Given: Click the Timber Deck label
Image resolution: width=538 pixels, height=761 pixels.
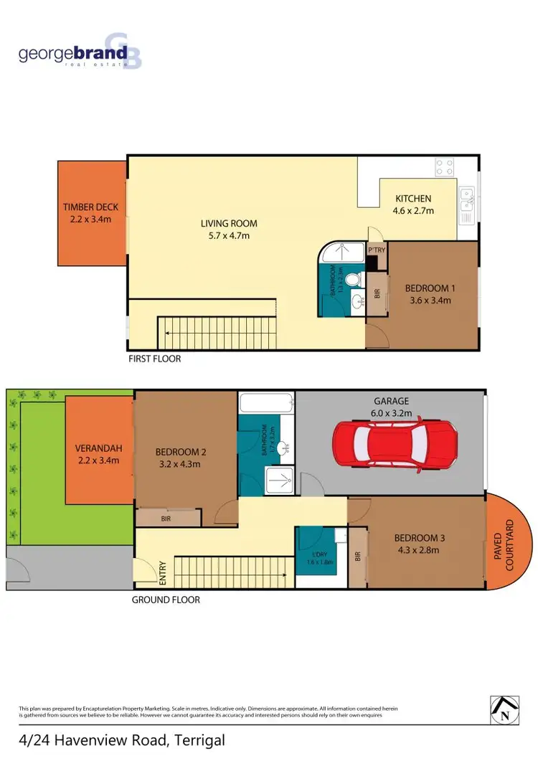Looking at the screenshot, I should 90,207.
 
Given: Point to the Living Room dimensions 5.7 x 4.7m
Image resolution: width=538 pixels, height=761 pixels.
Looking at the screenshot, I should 229,235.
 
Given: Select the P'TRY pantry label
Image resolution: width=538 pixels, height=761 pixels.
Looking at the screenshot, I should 377,250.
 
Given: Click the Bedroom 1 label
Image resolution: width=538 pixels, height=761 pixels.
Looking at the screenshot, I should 430,288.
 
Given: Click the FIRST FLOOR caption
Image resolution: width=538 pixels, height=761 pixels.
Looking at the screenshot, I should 154,359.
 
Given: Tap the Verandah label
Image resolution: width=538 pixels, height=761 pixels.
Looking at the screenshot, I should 98,449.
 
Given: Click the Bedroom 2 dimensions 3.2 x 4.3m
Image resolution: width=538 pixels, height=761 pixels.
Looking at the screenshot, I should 180,464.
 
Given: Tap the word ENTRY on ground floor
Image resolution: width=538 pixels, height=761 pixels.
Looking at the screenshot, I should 163,572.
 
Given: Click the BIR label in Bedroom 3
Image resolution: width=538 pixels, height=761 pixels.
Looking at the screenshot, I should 357,556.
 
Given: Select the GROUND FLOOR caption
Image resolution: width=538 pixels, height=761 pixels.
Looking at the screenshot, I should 166,600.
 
